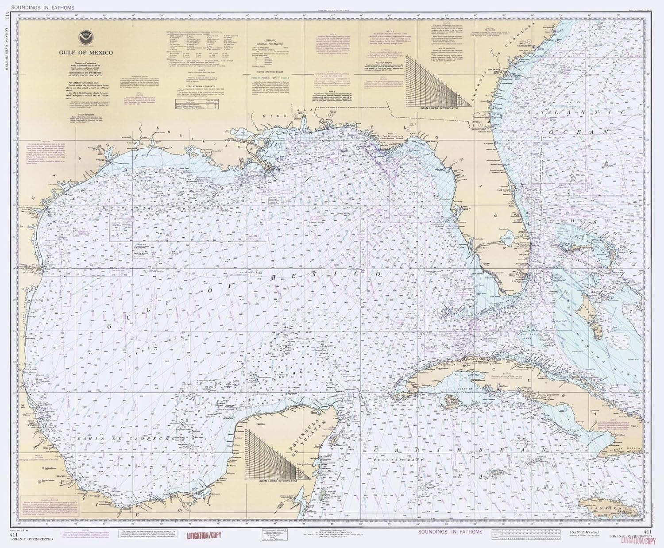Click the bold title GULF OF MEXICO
click(x=86, y=53)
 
